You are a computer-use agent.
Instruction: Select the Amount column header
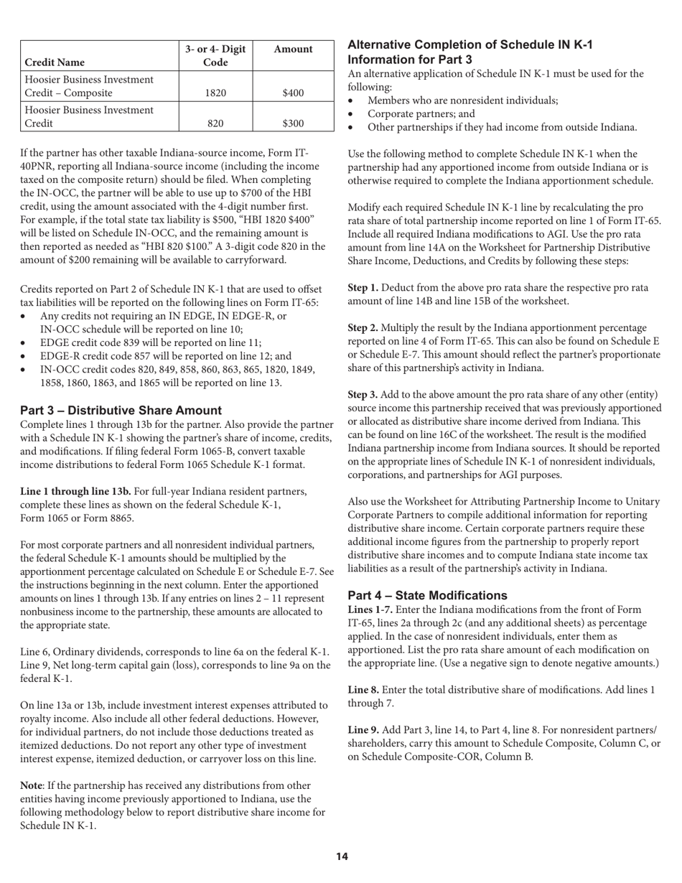pos(293,49)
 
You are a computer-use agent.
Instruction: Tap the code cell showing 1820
pos(215,93)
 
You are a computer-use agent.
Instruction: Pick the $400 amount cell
pos(293,93)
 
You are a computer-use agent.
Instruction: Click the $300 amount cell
pos(293,123)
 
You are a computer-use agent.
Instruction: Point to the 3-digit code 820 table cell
pos(215,123)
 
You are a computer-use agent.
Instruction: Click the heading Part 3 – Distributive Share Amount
pos(121,411)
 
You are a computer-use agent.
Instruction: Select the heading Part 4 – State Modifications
pos(427,595)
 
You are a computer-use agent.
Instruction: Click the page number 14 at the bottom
pos(342,856)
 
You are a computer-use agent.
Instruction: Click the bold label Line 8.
pos(363,690)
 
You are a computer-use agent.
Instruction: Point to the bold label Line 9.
pos(363,729)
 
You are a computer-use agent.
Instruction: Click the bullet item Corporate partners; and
pos(421,113)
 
